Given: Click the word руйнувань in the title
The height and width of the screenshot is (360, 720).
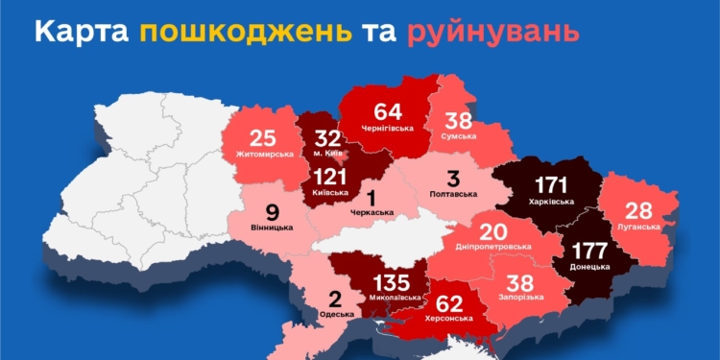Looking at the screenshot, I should click(493, 32).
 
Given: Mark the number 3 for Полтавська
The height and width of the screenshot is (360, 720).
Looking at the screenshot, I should click(451, 178).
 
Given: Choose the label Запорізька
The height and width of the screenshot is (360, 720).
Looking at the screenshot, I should click(520, 297).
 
